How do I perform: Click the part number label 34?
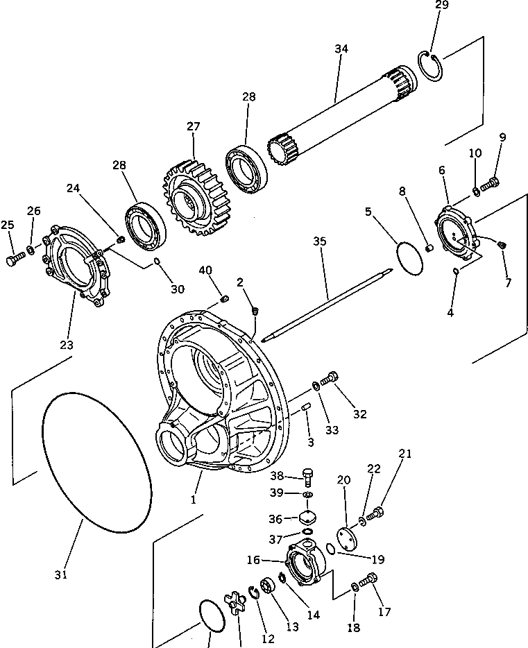click(x=341, y=49)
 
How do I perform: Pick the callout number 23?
click(x=67, y=344)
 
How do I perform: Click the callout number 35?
click(x=319, y=241)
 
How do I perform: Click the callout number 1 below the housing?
click(x=194, y=498)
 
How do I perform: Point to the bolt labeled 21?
click(x=376, y=514)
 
